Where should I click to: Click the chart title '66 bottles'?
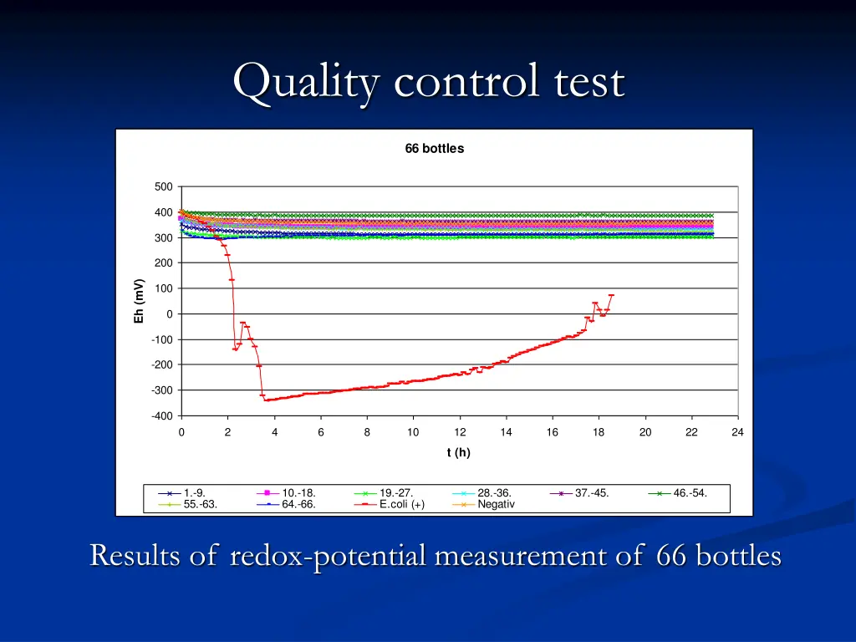point(434,149)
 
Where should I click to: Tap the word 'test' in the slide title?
point(591,83)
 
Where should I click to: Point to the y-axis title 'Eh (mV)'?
point(140,301)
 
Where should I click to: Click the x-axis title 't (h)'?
point(458,452)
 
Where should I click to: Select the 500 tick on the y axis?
point(164,187)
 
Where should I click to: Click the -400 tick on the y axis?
point(162,415)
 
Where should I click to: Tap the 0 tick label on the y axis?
point(170,314)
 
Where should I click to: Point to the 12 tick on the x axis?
point(460,432)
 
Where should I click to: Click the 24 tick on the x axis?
point(737,432)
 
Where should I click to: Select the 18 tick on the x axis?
point(599,432)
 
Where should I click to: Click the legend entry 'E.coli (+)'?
point(402,504)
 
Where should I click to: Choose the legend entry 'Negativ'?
point(497,504)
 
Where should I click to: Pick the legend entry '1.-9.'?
point(194,493)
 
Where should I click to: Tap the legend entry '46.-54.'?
point(690,493)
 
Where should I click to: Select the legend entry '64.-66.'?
point(298,504)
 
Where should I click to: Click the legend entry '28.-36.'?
point(494,493)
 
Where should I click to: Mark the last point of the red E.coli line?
point(612,295)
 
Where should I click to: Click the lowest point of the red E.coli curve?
point(267,400)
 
